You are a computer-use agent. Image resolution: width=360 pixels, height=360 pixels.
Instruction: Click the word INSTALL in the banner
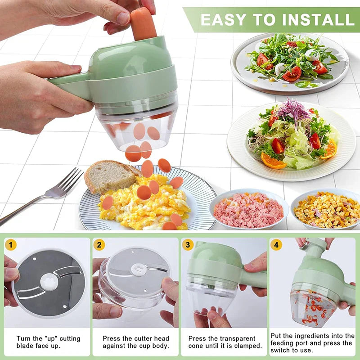(x=315, y=19)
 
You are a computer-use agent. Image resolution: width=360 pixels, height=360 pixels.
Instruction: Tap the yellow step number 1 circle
(x=11, y=245)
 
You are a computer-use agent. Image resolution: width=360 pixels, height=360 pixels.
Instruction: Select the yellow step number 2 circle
(x=99, y=245)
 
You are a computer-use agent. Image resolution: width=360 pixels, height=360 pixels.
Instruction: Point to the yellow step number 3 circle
(x=188, y=245)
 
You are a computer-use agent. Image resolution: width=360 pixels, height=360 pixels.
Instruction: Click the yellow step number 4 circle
(x=276, y=245)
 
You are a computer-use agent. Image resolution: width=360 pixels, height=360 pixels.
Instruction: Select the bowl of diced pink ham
(x=248, y=209)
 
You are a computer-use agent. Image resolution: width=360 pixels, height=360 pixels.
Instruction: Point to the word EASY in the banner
(x=224, y=19)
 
